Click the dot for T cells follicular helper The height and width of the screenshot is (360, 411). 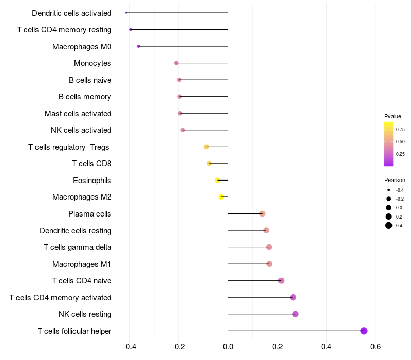[x=364, y=331]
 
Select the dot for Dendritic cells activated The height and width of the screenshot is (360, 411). [x=126, y=13]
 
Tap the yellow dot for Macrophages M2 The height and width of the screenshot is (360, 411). [x=221, y=197]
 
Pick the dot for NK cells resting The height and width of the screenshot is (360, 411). [x=295, y=314]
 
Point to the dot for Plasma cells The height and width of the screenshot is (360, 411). [x=262, y=213]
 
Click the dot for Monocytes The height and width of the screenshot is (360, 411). [x=176, y=63]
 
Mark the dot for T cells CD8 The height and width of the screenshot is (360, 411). [x=209, y=164]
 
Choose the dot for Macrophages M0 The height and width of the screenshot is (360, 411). [x=138, y=46]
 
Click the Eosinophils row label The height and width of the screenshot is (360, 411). [x=92, y=181]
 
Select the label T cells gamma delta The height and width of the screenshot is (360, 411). [x=78, y=247]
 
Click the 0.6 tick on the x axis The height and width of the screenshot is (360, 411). [x=376, y=346]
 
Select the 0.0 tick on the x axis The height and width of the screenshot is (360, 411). [x=228, y=346]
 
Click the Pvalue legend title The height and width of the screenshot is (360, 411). [x=393, y=116]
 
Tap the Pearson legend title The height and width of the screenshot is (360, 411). [x=395, y=180]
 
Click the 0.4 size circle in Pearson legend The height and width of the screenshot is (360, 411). [x=389, y=225]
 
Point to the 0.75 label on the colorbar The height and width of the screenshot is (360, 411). [x=400, y=130]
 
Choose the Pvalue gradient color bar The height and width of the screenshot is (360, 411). [x=389, y=144]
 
